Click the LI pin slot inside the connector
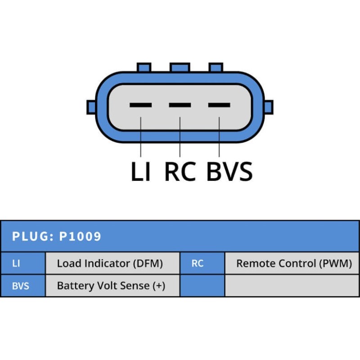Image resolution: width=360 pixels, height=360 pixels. pyautogui.click(x=140, y=105)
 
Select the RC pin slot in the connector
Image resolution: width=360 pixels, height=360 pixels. pyautogui.click(x=180, y=105)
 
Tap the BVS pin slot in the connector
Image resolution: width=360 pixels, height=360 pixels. pyautogui.click(x=219, y=105)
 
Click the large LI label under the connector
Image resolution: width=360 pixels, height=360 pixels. pyautogui.click(x=140, y=172)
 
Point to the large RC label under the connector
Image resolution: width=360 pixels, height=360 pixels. pyautogui.click(x=180, y=172)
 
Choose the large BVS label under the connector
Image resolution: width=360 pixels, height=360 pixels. pyautogui.click(x=229, y=172)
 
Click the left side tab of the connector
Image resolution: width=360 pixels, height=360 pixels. pyautogui.click(x=91, y=107)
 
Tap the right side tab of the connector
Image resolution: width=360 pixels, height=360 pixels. pyautogui.click(x=269, y=107)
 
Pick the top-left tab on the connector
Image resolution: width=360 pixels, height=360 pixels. pyautogui.click(x=143, y=67)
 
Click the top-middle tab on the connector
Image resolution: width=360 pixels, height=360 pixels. pyautogui.click(x=180, y=67)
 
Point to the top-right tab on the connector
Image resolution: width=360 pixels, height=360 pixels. pyautogui.click(x=216, y=67)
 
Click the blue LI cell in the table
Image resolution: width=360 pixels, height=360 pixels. pyautogui.click(x=22, y=263)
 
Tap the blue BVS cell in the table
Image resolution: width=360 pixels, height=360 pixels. pyautogui.click(x=22, y=286)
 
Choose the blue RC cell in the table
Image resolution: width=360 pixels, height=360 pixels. pyautogui.click(x=202, y=263)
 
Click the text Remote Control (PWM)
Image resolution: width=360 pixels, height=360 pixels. pyautogui.click(x=294, y=263)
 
